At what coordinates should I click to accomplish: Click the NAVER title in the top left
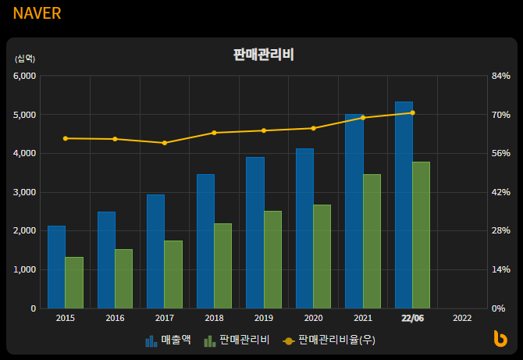click(x=37, y=13)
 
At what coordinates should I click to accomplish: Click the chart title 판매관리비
click(x=263, y=55)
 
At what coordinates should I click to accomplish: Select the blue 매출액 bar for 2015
click(x=56, y=267)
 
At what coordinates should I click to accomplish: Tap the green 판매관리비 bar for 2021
click(x=372, y=241)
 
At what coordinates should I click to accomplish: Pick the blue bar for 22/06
click(x=404, y=205)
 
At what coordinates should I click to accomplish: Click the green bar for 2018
click(x=222, y=266)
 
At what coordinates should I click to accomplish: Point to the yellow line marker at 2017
click(x=165, y=143)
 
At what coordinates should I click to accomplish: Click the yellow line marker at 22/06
click(x=412, y=112)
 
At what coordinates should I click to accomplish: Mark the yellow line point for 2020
click(x=313, y=128)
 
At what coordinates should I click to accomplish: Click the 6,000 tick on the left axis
click(x=25, y=76)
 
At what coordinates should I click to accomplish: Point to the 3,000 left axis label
click(x=25, y=192)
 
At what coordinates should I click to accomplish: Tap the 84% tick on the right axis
click(x=500, y=76)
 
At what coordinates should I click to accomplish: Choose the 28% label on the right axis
click(x=500, y=231)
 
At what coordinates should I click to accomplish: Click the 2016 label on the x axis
click(x=115, y=318)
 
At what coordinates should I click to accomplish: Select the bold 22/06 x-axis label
click(x=412, y=318)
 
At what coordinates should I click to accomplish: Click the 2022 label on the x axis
click(x=461, y=318)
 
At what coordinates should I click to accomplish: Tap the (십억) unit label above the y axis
click(x=24, y=59)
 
